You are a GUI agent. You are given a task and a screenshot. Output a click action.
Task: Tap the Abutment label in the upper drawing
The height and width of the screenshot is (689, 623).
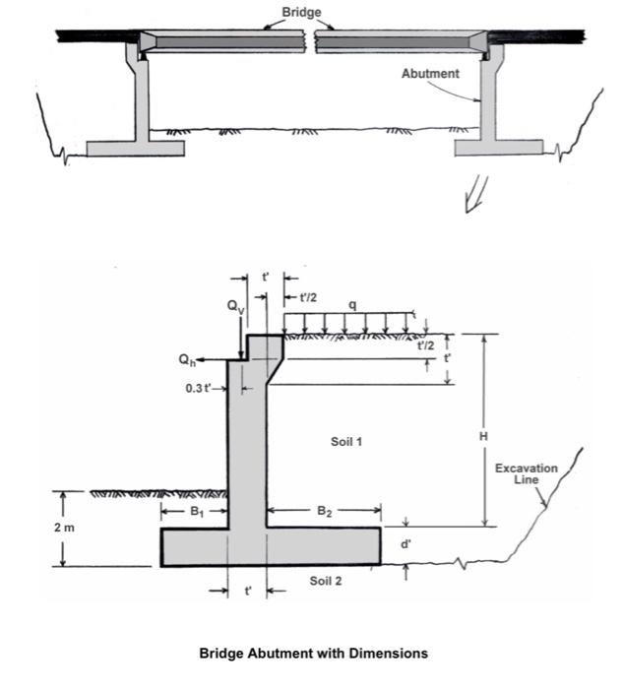(x=430, y=74)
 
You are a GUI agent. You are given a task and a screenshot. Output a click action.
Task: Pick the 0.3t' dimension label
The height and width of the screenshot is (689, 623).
(x=199, y=388)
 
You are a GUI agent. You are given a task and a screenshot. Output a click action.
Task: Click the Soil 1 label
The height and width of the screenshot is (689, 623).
(x=346, y=441)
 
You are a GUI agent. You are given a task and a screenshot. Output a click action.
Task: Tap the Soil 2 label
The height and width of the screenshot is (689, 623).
(x=326, y=581)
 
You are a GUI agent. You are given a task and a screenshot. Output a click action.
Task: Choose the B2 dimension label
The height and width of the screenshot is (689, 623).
(x=324, y=511)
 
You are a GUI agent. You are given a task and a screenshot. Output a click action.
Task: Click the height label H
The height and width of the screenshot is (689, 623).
(x=484, y=434)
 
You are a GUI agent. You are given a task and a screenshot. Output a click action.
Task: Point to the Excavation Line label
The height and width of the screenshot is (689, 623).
(x=527, y=473)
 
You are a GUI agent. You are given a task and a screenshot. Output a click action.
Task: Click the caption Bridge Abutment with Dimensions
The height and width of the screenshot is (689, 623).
(x=313, y=653)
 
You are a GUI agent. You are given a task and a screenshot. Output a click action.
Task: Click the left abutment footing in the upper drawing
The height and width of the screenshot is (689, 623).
(x=135, y=148)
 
